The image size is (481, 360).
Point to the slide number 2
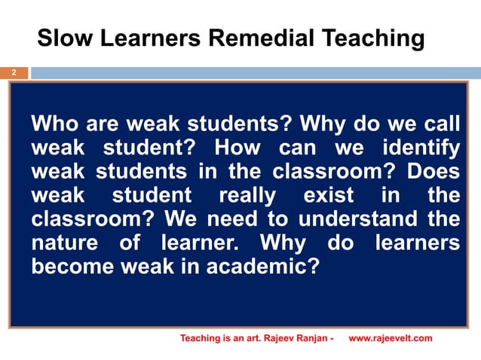coord(13,74)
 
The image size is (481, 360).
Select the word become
coord(69,268)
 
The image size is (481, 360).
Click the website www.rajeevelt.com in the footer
coord(391,338)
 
